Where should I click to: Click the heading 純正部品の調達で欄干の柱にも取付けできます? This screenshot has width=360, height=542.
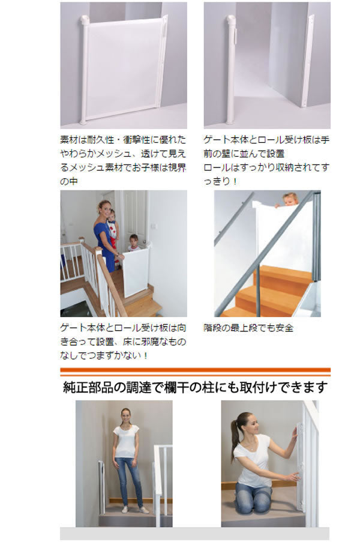[195, 388]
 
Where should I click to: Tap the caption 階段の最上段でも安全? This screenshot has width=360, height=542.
[248, 328]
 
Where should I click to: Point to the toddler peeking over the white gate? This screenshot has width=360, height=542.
[289, 200]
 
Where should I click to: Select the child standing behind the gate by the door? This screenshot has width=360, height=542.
[133, 242]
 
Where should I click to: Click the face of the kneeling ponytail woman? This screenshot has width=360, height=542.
[254, 427]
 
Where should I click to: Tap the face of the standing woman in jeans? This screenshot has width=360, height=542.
[126, 417]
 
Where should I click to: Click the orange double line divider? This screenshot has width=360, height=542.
[195, 372]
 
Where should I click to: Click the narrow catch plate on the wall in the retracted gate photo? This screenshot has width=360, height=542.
[308, 61]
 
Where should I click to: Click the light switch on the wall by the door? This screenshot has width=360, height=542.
[154, 226]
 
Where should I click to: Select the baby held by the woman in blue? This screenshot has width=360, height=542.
[112, 224]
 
